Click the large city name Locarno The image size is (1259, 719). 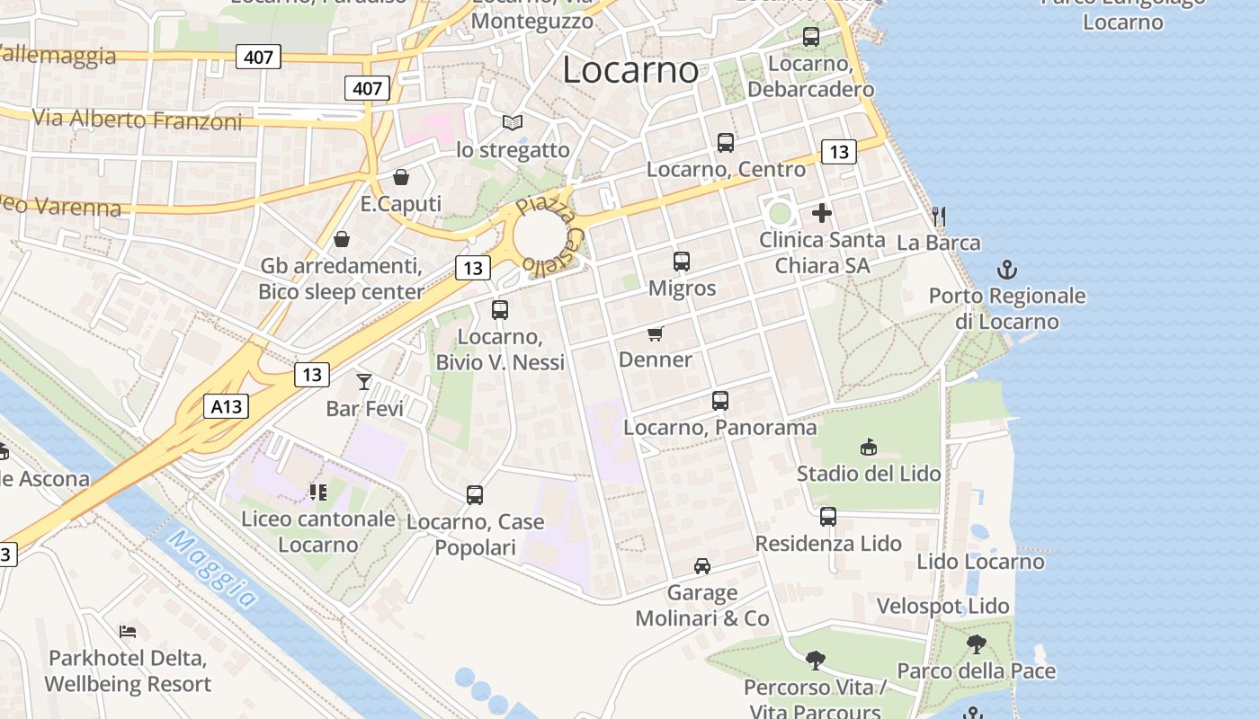(x=629, y=70)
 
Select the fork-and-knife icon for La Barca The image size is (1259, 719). (x=939, y=216)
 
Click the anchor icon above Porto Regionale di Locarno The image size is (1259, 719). (x=1007, y=269)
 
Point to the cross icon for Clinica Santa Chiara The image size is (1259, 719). (x=821, y=214)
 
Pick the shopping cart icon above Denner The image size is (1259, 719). (x=656, y=333)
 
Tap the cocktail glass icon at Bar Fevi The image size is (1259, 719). (x=363, y=382)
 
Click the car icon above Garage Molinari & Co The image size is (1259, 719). (x=702, y=566)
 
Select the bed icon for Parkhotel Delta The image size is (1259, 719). (x=128, y=632)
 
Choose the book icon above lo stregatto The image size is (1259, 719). (x=513, y=122)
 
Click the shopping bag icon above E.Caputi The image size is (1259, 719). (x=400, y=177)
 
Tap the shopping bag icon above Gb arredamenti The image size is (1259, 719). (x=342, y=239)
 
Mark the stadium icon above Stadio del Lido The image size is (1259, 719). (x=869, y=447)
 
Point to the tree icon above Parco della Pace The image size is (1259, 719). (x=976, y=644)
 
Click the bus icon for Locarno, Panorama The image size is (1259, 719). (x=719, y=401)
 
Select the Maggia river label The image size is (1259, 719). (x=213, y=571)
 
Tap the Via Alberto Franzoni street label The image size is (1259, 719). (x=138, y=119)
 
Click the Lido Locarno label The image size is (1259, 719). (x=980, y=562)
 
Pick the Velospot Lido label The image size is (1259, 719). (x=943, y=606)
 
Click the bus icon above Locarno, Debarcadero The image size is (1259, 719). (x=811, y=37)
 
